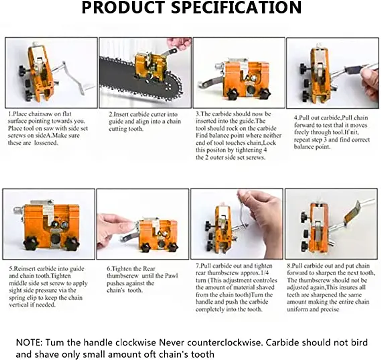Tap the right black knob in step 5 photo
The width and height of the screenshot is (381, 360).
[72, 244]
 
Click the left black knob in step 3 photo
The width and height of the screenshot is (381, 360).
[232, 94]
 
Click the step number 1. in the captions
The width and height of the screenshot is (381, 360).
[10, 114]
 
